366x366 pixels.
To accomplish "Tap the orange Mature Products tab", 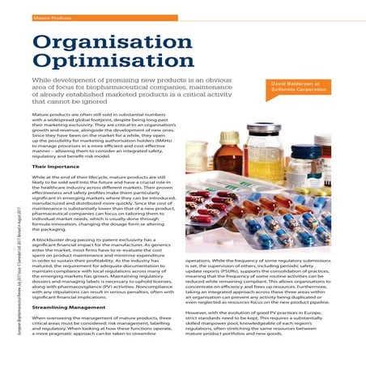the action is point(51,15).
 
